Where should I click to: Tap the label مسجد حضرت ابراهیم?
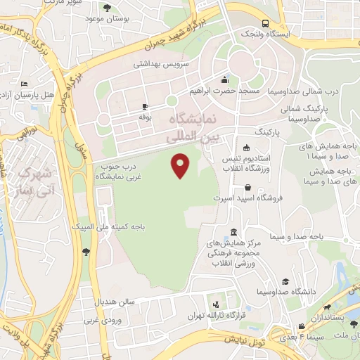224,91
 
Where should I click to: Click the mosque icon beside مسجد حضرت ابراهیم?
224,79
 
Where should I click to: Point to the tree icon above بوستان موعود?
106,7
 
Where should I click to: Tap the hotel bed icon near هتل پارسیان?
25,82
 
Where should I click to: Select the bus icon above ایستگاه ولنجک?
264,22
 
